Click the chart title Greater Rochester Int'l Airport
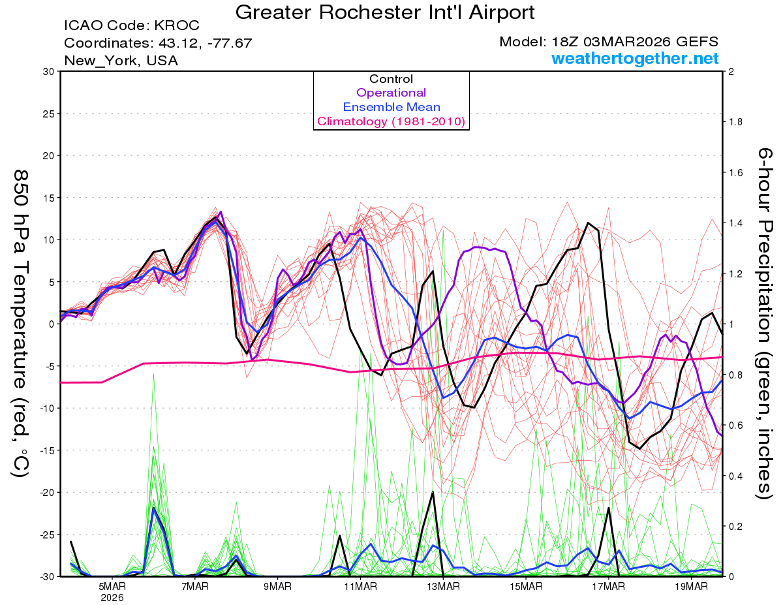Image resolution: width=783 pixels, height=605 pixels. (384, 12)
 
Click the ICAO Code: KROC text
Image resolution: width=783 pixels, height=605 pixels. (132, 26)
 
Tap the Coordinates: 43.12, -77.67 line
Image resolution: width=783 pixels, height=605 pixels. (158, 43)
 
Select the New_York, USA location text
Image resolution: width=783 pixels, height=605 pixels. (121, 61)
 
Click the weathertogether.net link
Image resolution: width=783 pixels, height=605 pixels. (635, 59)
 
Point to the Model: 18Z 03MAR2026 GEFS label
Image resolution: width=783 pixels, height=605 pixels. (609, 42)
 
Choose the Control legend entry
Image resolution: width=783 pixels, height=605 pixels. (391, 79)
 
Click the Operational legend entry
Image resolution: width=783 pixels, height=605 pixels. (391, 93)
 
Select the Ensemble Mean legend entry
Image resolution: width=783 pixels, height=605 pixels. (391, 107)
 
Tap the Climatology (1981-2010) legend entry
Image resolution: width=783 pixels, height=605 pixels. (391, 121)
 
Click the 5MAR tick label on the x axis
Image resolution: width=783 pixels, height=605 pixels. (112, 586)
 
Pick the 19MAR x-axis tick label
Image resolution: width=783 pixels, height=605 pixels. (691, 586)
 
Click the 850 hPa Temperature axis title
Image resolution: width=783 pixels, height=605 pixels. (21, 323)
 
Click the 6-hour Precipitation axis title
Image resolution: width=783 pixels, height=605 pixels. (765, 323)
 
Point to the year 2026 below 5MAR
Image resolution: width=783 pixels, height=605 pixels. (112, 597)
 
